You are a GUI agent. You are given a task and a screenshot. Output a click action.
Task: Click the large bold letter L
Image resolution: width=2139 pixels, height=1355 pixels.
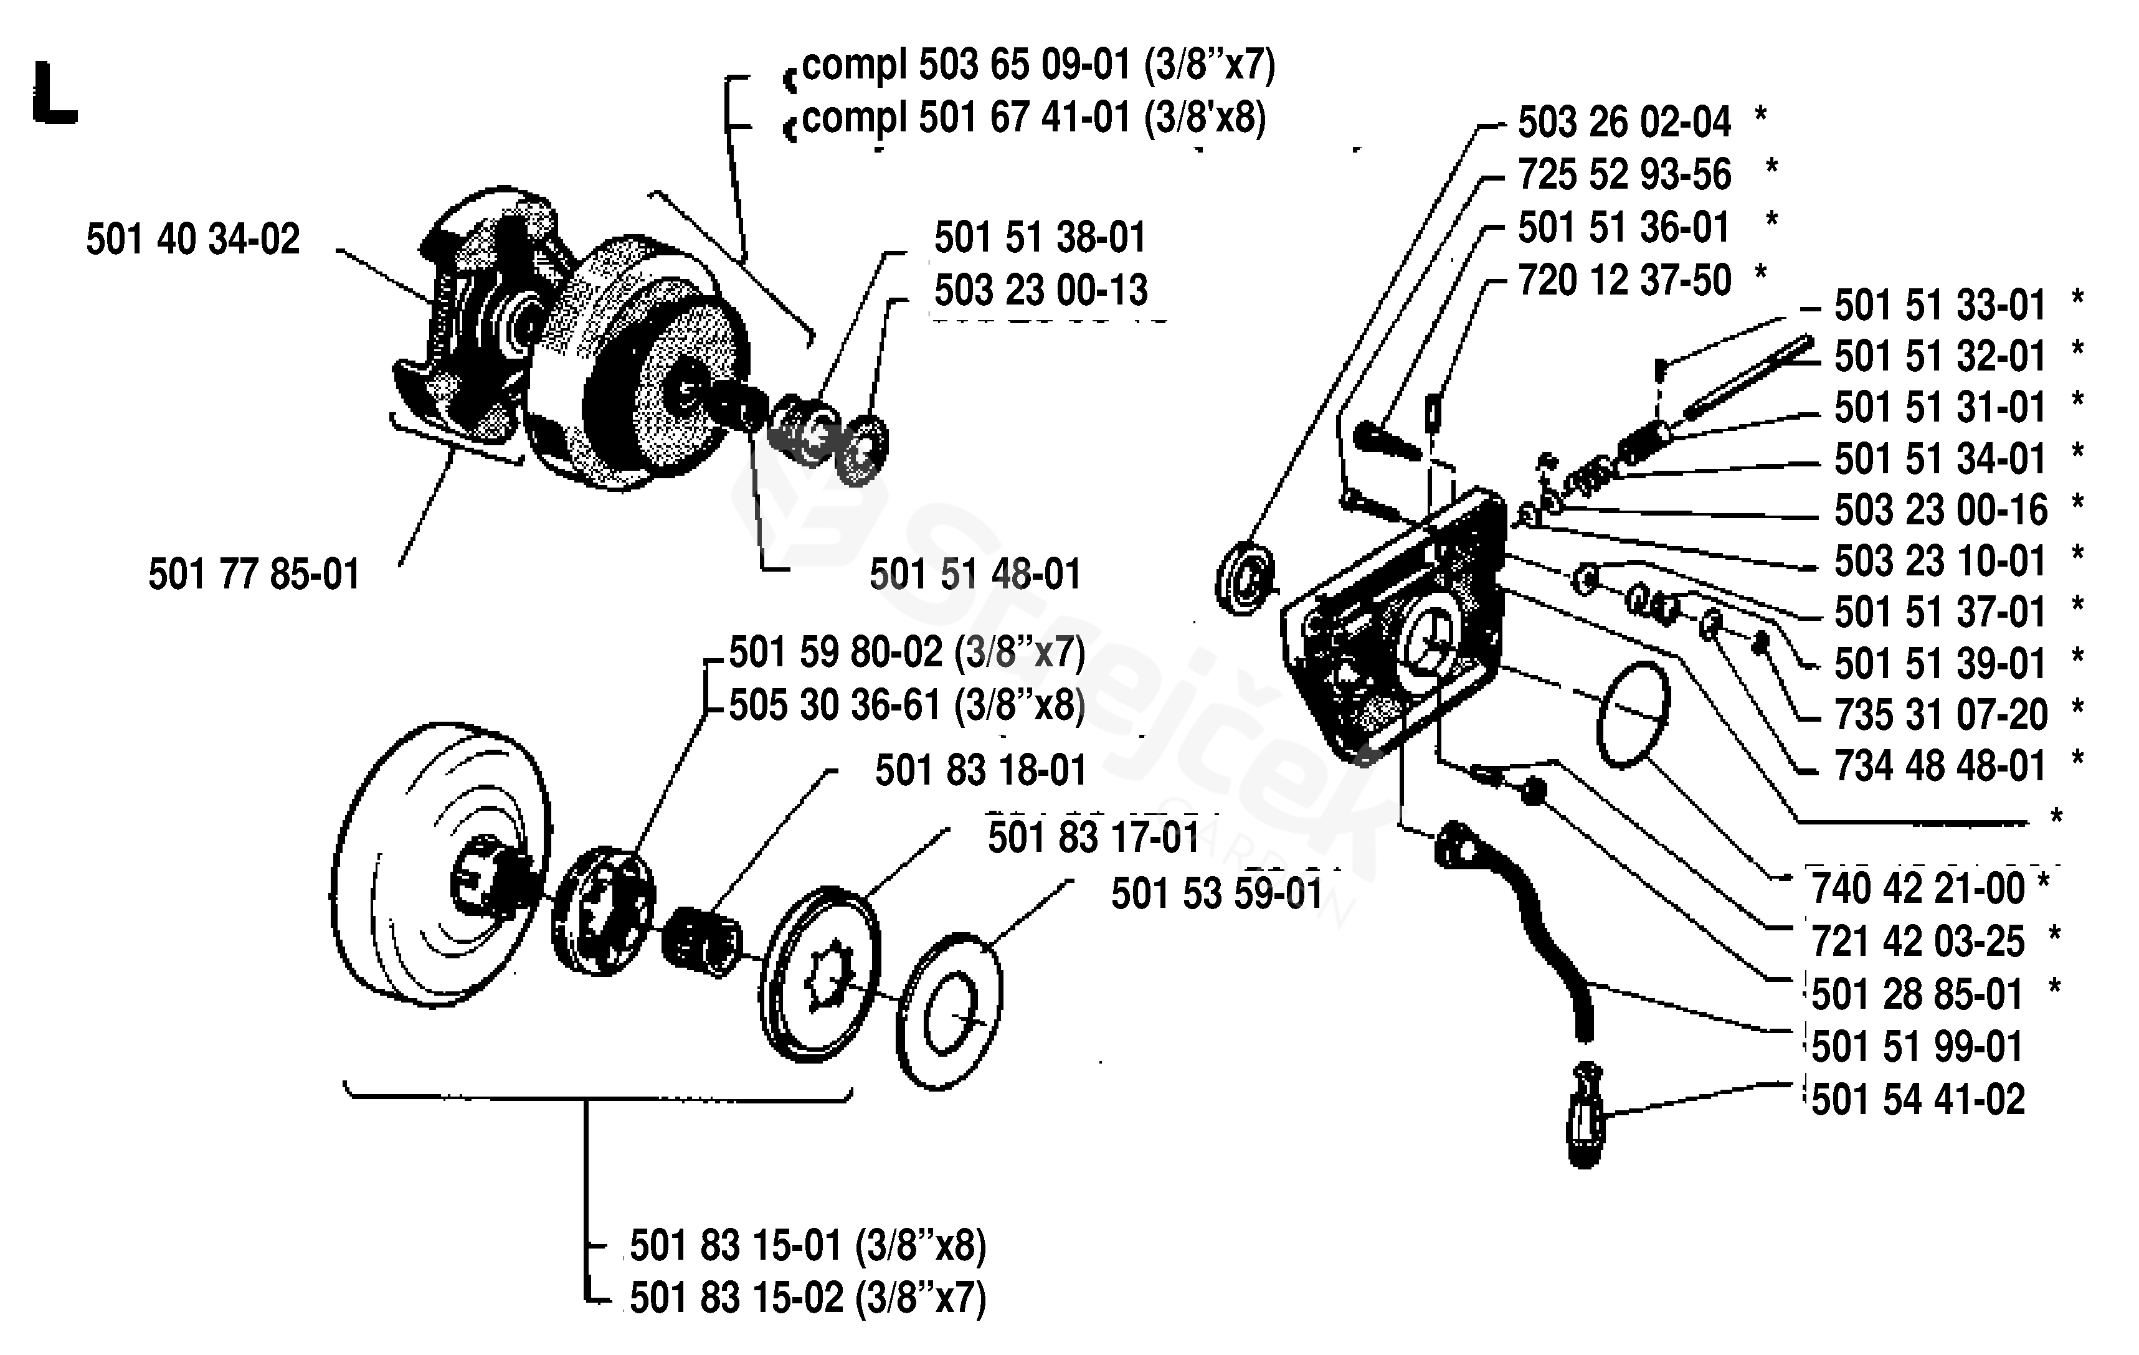coord(54,92)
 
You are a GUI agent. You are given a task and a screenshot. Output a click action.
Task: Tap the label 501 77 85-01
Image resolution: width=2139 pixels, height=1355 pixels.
coord(254,575)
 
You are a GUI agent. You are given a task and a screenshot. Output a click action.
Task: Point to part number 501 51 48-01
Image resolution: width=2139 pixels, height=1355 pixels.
coord(975,575)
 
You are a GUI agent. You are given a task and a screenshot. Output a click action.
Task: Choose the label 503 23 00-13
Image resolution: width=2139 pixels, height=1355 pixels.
coord(1041,290)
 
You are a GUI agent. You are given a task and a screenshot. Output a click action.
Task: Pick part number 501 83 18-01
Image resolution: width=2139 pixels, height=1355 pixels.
coord(982,771)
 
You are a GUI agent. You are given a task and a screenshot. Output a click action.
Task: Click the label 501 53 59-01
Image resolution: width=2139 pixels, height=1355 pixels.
coord(1218,894)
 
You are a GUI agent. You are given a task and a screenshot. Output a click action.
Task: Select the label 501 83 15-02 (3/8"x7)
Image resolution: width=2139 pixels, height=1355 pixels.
coord(809,1298)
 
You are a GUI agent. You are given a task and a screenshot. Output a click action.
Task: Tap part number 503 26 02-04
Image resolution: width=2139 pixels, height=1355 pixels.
coord(1624,123)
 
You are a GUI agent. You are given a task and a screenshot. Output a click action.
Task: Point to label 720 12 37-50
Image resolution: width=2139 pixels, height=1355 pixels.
coord(1624,281)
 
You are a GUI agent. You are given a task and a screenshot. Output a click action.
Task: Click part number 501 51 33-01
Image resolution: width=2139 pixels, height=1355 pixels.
coord(1941,306)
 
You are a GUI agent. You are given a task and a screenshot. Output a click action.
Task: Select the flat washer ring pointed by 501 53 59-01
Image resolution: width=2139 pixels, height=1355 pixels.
coord(949,1013)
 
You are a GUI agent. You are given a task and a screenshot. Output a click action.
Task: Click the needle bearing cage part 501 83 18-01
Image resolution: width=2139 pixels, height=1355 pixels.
coord(702,942)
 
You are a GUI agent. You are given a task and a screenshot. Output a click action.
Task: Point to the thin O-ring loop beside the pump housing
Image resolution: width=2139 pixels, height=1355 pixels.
coord(1633,715)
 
